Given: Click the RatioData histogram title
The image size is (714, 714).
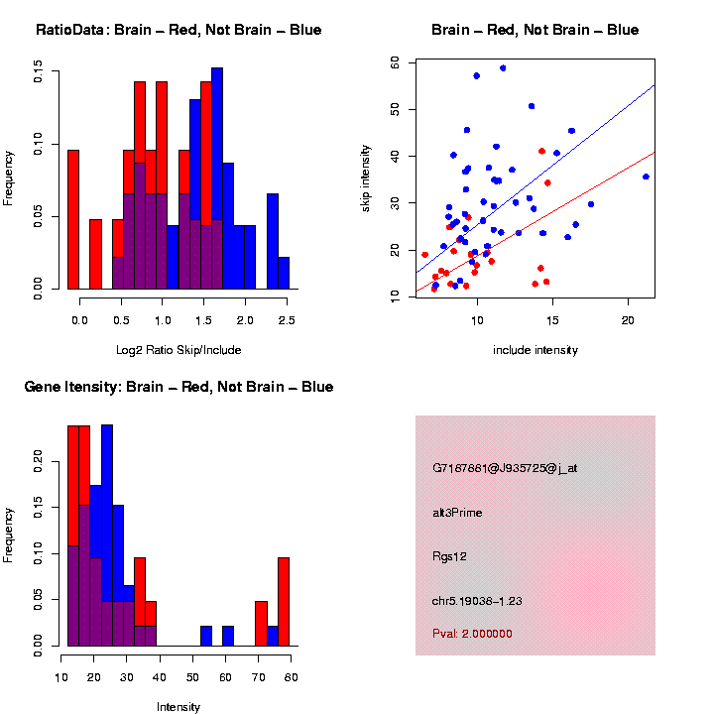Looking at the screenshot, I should coord(178,31).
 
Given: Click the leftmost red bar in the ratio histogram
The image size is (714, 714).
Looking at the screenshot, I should coord(72,219).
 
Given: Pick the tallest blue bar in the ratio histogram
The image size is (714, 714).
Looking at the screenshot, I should coord(217,178).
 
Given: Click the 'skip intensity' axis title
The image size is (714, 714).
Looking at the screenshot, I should coord(366,178).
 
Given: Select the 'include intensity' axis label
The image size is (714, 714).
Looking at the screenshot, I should coord(535,349).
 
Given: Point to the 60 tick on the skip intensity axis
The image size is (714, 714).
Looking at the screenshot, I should coord(395,61).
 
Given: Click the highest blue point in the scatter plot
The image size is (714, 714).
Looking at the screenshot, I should coord(503,68).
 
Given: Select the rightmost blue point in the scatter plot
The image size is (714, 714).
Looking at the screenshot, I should coord(646,177).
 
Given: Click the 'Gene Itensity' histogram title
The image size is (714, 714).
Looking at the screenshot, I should coord(178,387).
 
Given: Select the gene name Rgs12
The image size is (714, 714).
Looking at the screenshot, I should coord(449,556).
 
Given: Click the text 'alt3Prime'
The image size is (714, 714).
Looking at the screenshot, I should coord(457,513).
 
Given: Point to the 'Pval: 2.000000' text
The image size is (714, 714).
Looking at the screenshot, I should coord(472,633).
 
